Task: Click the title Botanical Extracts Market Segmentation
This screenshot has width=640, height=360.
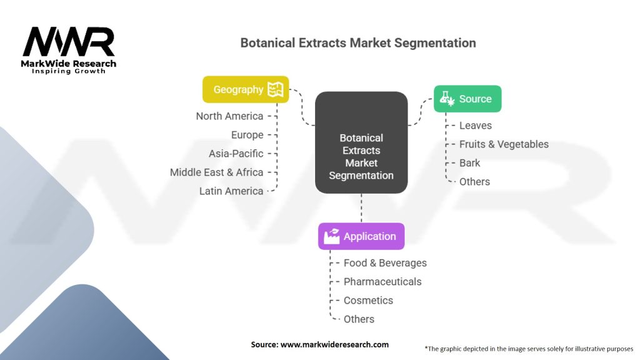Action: point(358,43)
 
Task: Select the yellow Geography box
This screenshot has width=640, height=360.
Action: point(246,89)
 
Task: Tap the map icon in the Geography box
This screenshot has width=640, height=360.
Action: point(275,89)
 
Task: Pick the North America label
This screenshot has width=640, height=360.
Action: point(229,116)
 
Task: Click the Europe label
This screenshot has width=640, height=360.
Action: point(247,135)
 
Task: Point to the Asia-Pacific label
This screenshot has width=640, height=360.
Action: point(236,154)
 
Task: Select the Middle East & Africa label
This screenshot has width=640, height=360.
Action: point(216,172)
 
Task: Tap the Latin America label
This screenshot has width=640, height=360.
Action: point(231,191)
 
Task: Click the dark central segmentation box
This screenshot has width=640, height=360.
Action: point(361,142)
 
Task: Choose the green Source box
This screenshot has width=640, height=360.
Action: point(467,99)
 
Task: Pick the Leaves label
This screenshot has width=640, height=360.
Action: point(476,126)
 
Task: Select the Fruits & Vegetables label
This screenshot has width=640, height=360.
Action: point(504,144)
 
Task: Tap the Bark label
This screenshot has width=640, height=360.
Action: point(470,163)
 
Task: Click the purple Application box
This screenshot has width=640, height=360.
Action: point(361,236)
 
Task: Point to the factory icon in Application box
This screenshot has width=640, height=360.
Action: point(332,236)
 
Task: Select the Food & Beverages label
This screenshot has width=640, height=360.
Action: point(385,263)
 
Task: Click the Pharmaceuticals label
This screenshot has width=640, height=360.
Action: point(382,282)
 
